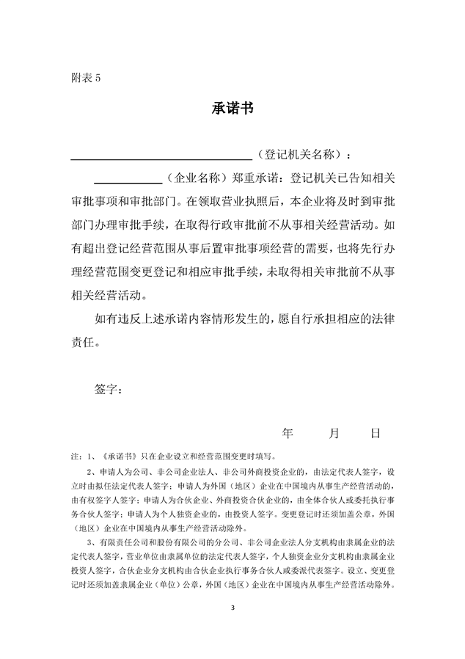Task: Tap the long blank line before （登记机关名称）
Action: point(161,157)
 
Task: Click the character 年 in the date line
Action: point(288,434)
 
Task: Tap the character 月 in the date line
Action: point(334,434)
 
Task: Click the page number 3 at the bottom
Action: point(232,608)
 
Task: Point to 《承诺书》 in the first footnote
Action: point(119,456)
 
